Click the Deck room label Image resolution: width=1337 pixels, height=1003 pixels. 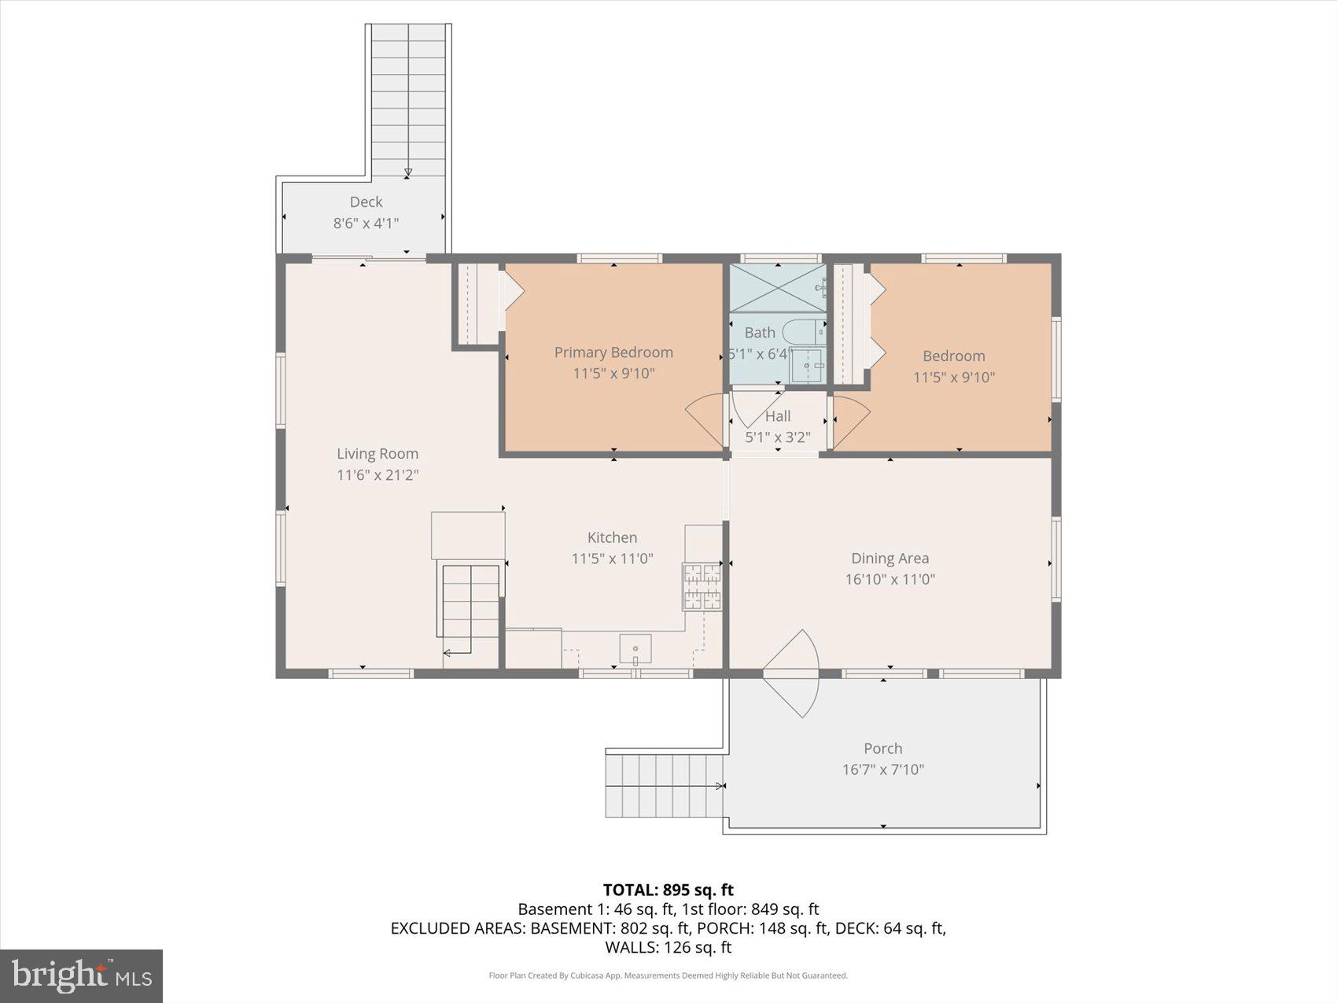(366, 202)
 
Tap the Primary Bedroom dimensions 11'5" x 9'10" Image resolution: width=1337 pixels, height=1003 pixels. (613, 373)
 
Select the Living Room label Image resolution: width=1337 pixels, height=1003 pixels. (378, 454)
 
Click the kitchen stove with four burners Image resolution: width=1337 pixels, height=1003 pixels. (702, 587)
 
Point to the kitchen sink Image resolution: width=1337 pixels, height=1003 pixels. (635, 650)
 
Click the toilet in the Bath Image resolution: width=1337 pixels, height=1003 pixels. (802, 332)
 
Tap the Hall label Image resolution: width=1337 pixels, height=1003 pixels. (778, 416)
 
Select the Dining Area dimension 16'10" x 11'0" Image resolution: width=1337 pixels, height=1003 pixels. (889, 580)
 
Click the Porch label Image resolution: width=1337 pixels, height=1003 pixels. (882, 749)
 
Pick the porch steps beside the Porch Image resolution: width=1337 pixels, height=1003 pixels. (665, 785)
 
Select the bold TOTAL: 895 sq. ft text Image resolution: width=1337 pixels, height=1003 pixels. (668, 890)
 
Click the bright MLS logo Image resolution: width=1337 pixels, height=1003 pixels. (82, 975)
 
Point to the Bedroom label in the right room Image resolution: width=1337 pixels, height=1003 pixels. (953, 356)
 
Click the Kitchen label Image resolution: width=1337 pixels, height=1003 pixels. (612, 538)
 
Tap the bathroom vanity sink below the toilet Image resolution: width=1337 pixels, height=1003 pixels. (807, 366)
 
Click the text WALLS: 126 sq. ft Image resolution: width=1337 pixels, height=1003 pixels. (668, 947)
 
